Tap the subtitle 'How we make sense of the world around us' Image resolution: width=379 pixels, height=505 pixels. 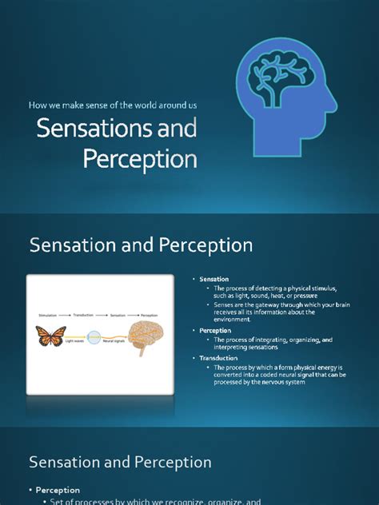click(113, 105)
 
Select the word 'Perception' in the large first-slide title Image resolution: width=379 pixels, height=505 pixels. click(140, 158)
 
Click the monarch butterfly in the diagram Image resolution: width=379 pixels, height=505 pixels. click(50, 336)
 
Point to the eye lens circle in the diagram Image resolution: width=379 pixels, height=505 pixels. click(94, 336)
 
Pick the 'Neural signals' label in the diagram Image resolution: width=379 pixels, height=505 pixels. click(113, 340)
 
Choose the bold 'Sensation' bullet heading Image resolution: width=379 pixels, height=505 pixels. click(214, 280)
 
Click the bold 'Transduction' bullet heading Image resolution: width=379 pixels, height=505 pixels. click(218, 357)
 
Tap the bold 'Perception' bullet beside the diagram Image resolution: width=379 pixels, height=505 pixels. click(216, 330)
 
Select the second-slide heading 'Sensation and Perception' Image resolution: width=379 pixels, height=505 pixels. click(141, 245)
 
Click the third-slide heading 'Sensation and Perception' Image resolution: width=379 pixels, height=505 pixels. click(120, 462)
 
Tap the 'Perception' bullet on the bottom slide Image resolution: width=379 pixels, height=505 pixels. click(57, 490)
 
